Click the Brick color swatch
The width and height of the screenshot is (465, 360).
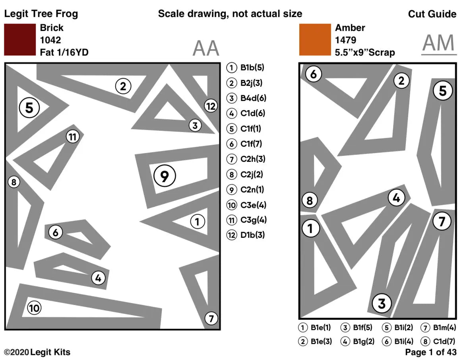20,40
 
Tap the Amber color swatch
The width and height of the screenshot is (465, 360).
315,40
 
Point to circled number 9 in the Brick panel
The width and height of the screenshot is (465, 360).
165,176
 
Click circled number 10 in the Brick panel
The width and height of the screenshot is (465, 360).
34,308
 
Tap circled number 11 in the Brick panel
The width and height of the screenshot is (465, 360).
72,137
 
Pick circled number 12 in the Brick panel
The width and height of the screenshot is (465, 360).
210,106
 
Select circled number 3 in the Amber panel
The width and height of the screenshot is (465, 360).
382,304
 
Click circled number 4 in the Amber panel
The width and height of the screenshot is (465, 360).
396,198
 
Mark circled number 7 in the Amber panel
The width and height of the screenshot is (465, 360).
442,222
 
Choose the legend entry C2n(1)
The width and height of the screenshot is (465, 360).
247,189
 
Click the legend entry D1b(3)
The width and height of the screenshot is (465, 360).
247,235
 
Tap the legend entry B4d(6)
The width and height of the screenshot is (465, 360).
247,98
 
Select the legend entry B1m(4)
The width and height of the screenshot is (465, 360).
439,328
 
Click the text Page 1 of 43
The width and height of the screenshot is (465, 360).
430,352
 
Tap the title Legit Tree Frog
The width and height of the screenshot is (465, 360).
41,14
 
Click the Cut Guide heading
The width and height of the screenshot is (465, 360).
432,14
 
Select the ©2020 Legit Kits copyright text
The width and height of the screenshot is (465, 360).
37,352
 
